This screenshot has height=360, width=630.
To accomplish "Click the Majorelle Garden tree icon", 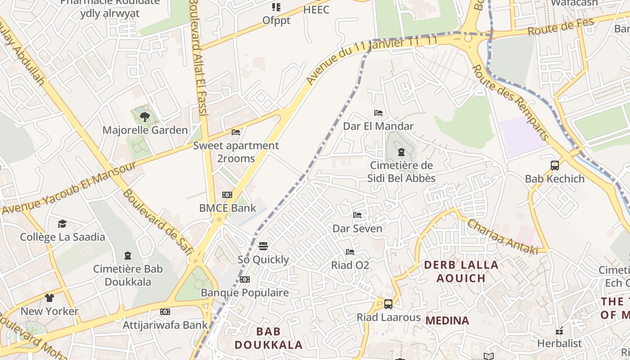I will tap(144, 117).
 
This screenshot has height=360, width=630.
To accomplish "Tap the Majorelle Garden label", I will tap(145, 130).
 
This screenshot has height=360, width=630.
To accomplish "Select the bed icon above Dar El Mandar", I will tap(378, 113).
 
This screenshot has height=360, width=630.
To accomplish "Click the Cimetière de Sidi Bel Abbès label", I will tap(401, 172).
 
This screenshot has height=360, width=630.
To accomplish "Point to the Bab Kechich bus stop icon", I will tap(555, 165).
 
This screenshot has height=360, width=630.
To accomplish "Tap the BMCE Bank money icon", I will tap(227, 195).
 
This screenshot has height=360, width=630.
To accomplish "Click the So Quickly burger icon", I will tap(263, 246).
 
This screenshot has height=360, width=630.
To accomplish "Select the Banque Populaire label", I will tap(245, 292).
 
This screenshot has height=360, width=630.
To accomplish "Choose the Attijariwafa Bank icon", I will tap(165, 311).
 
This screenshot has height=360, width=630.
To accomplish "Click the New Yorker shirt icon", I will tap(49, 298).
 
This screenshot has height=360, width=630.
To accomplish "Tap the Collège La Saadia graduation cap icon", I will tap(62, 224).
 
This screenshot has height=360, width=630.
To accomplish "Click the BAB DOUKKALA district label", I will tap(269, 338).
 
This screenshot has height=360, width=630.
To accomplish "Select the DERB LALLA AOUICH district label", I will tap(461, 271).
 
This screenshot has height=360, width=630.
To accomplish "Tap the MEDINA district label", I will tap(447, 321).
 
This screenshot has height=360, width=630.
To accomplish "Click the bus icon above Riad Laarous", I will tap(388, 304).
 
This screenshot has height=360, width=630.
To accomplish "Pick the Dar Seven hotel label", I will tap(357, 229).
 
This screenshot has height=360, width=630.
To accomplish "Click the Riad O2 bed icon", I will tap(350, 252).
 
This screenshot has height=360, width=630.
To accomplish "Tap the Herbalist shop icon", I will tap(559, 331).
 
